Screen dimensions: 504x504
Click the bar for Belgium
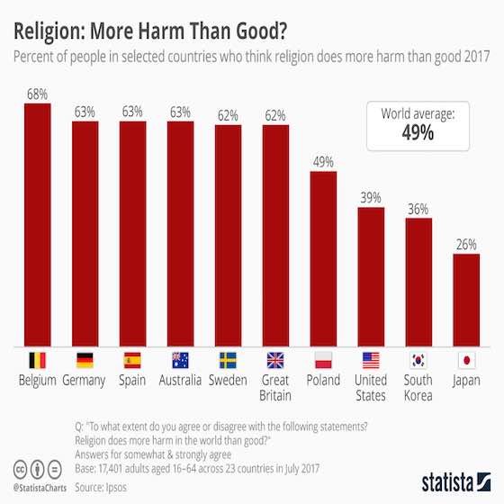pos(37,224)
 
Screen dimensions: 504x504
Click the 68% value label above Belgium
pos(37,94)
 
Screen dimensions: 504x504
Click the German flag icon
pos(85,361)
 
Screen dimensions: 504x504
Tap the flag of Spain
pos(132,361)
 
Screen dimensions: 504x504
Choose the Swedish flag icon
pos(228,361)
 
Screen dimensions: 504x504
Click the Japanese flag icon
pos(465,361)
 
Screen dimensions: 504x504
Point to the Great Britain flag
pos(274,361)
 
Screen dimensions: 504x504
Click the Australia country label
pos(180,382)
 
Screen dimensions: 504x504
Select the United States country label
pos(371,388)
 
